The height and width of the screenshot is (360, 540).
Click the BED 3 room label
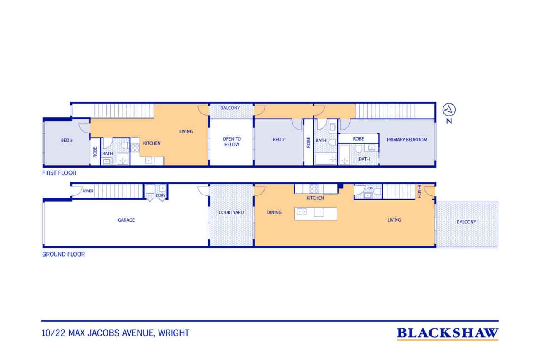pos(67,140)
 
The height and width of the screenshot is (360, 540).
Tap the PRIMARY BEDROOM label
pos(407,140)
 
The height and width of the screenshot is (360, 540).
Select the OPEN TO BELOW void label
pos(232,141)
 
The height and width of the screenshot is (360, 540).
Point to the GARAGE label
pos(126,220)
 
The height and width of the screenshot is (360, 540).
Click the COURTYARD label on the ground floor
pos(231,212)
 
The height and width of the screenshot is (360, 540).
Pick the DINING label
pos(274,212)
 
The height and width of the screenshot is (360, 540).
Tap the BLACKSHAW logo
pos(448,333)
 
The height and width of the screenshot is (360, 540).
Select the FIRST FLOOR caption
pos(59,173)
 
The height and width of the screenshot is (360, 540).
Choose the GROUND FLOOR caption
pos(63,254)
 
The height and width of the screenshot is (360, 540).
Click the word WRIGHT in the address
pos(174,333)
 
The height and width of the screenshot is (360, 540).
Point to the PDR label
pos(370,188)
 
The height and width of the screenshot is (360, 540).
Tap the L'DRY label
pos(161,195)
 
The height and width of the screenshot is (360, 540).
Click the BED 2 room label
pos(279,140)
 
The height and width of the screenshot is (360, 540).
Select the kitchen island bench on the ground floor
pos(316,214)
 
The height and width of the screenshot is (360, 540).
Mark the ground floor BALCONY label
pos(467,222)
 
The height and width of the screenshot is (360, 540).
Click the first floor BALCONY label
pos(230,108)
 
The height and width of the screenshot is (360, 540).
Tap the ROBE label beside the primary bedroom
pos(358,139)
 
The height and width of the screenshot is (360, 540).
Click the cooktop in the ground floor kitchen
pos(314,189)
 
